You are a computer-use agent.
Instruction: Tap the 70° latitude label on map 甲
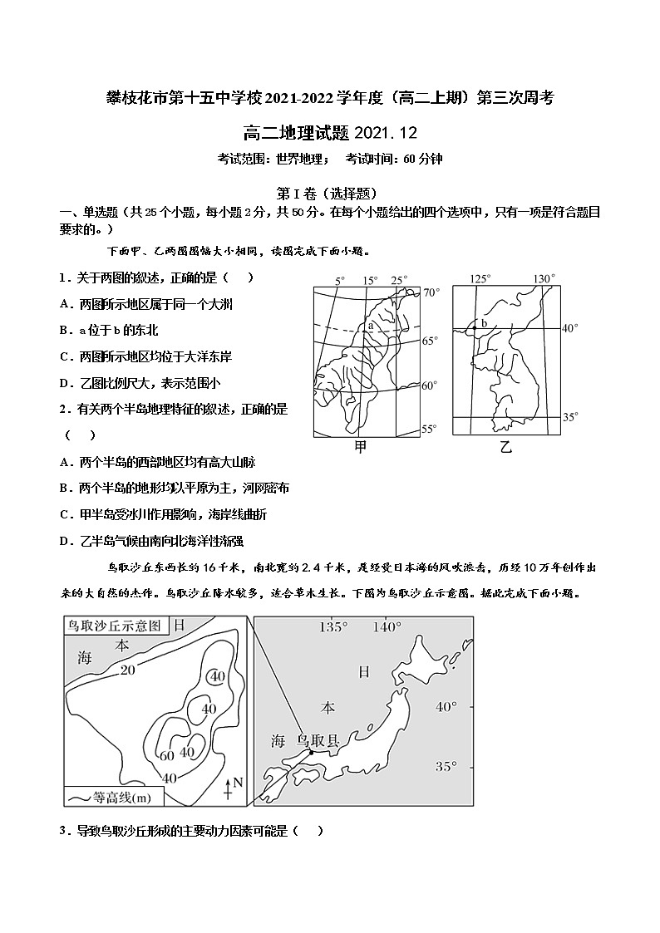tap(430, 292)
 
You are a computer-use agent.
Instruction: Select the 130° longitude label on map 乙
tap(543, 279)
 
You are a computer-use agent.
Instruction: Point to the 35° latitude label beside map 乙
tap(569, 417)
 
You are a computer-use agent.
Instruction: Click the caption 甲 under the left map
tap(360, 447)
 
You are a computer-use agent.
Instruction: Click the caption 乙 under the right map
tap(506, 447)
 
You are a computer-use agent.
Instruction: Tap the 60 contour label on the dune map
tap(166, 755)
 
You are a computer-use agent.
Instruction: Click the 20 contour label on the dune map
tap(127, 670)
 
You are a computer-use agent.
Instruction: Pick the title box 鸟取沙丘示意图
tap(115, 625)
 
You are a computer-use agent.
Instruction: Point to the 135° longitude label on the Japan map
tap(332, 627)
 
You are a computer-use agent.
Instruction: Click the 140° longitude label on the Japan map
tap(387, 627)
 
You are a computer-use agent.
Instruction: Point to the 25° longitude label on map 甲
tap(400, 280)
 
